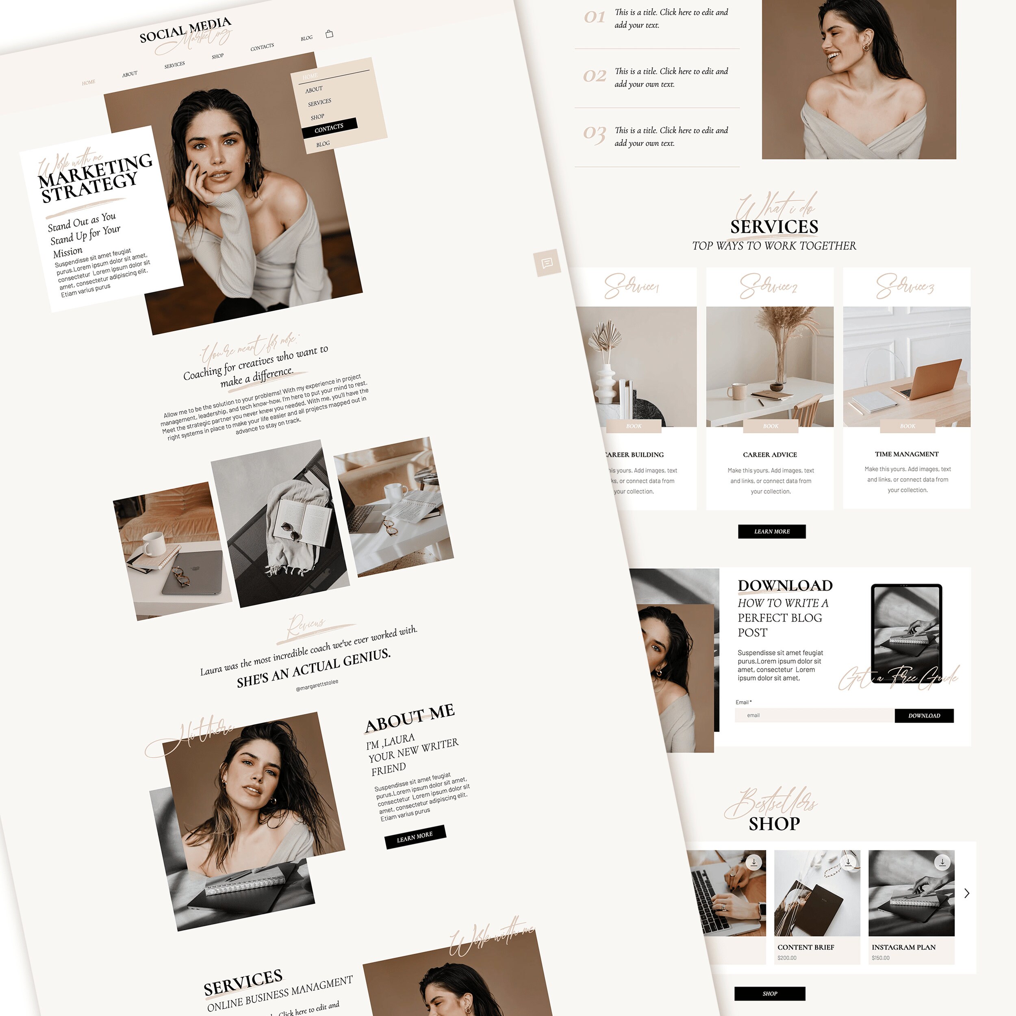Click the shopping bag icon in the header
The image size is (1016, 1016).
tap(329, 34)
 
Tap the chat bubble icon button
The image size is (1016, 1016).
tap(547, 263)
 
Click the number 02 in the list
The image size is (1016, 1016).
tap(594, 76)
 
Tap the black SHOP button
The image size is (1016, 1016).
tap(769, 993)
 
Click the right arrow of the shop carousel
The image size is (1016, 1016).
tap(966, 893)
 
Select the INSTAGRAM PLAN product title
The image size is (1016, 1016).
tap(903, 947)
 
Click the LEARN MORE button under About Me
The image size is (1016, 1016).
tap(415, 837)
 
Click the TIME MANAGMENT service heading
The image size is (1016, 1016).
tap(907, 454)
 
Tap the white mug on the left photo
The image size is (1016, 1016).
tap(154, 543)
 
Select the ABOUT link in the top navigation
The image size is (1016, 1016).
tap(130, 74)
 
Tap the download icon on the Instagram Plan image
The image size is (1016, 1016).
tap(942, 862)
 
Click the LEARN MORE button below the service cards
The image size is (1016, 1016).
tap(771, 531)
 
